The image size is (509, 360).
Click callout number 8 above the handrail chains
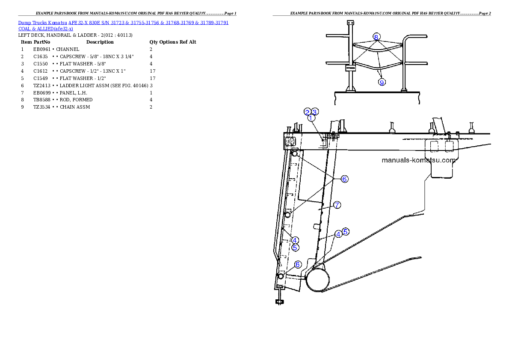[x=376, y=37]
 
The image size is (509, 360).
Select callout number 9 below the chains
[x=382, y=83]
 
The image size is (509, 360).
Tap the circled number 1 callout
[x=311, y=118]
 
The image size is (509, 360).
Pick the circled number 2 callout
[x=307, y=112]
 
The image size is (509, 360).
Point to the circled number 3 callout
[x=314, y=112]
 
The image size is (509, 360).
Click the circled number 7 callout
[x=337, y=205]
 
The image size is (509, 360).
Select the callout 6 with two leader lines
[x=344, y=179]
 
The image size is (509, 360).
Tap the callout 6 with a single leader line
[x=298, y=265]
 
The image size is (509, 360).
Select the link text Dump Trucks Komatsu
[x=43, y=22]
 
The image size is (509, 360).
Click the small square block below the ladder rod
[x=280, y=302]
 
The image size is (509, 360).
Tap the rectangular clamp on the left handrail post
[x=350, y=68]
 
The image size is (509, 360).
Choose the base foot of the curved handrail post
[x=403, y=90]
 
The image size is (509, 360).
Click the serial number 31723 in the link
[x=118, y=22]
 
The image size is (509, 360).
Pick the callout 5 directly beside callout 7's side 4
[x=346, y=231]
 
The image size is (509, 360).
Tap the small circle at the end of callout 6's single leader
[x=281, y=277]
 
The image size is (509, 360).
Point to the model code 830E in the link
[x=94, y=22]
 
